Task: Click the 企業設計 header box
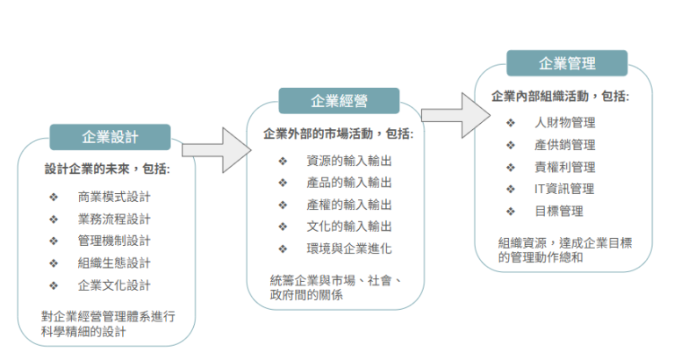110,138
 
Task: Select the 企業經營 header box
339,101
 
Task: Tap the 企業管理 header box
566,63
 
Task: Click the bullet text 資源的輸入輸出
349,160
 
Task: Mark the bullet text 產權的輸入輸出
349,205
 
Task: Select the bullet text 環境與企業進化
349,248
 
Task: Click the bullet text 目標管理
559,211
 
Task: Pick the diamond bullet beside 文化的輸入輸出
283,227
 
